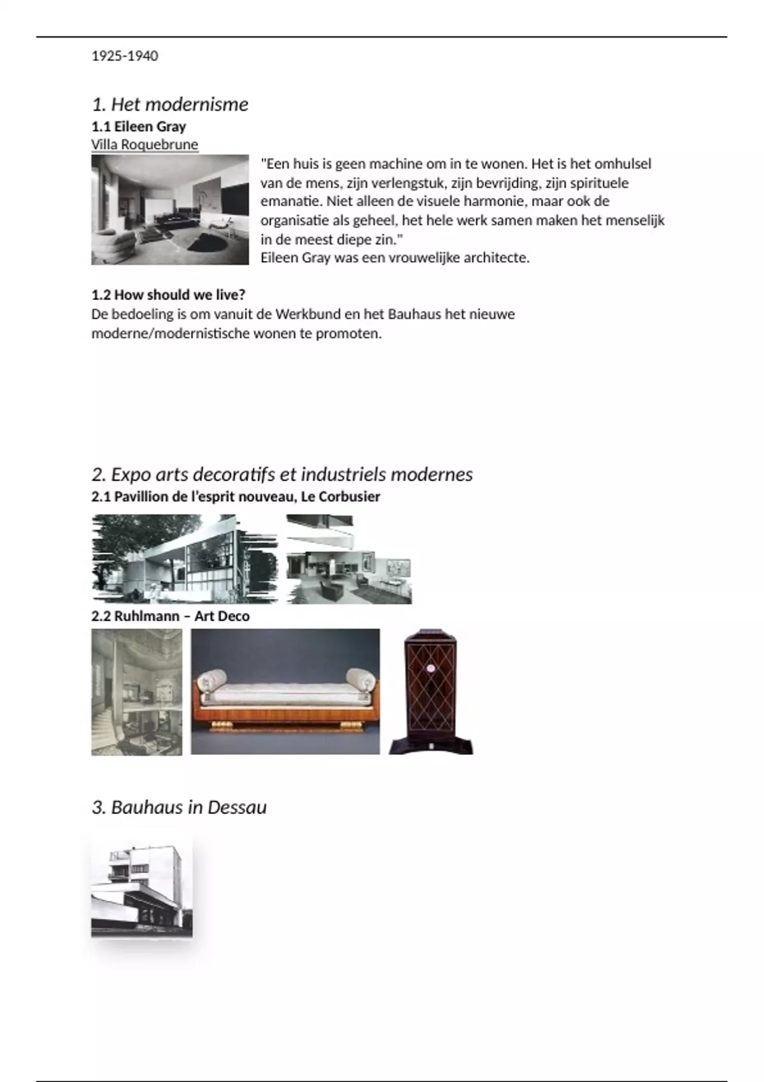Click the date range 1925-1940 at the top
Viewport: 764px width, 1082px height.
125,56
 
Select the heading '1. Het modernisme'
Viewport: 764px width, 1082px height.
170,104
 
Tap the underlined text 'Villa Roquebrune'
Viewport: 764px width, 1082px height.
145,144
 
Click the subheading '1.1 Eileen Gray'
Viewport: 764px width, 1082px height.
139,126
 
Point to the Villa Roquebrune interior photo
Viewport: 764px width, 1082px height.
170,209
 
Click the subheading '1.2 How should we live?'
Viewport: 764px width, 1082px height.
168,295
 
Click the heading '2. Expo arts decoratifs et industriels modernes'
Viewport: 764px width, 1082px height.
282,474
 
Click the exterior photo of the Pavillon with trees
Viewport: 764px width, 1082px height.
185,558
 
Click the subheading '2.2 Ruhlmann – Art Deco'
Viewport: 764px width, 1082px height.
171,616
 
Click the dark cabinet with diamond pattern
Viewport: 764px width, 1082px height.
431,692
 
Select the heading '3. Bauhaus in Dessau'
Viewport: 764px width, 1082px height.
179,807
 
